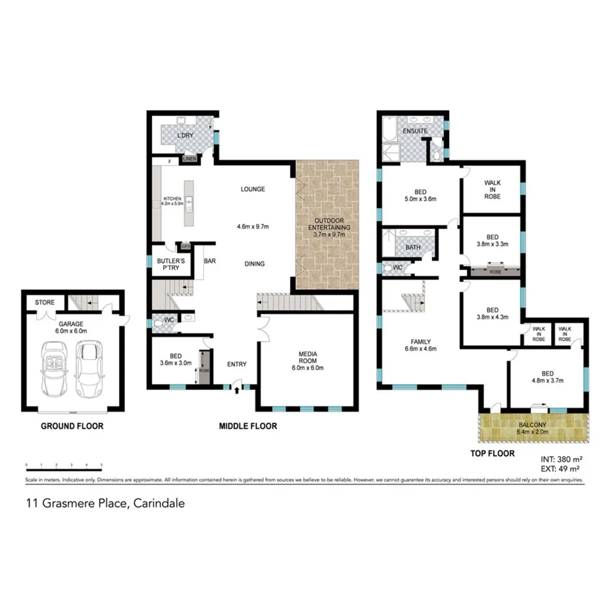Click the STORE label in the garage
(45, 302)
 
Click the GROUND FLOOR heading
(72, 426)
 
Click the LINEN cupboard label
(189, 159)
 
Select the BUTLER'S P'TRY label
(171, 264)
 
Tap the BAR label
(210, 260)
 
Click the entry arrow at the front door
(236, 389)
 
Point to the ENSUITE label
(415, 131)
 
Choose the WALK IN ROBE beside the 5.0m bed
(493, 189)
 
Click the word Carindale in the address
(161, 503)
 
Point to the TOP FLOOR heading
(492, 453)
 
